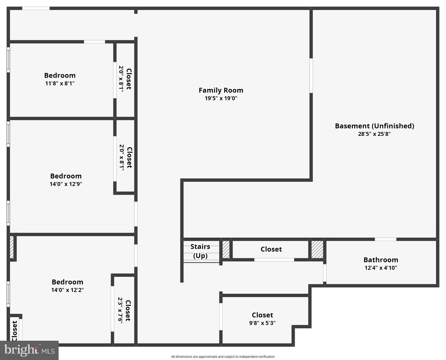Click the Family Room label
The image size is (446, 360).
(221, 90)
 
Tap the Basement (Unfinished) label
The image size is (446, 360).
(374, 126)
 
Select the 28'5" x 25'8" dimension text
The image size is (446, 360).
(374, 134)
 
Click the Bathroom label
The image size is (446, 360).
(381, 260)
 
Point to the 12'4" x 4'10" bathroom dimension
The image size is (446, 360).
(381, 268)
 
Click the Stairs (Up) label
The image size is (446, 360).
(200, 251)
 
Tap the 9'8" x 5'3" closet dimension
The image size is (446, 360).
(262, 323)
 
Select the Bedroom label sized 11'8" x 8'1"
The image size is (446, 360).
(60, 76)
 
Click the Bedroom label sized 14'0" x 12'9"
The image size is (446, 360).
(66, 176)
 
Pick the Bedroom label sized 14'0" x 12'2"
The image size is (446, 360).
(68, 282)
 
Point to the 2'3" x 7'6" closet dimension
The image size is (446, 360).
(120, 310)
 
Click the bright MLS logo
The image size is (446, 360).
(29, 350)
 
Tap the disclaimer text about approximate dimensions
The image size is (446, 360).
(223, 357)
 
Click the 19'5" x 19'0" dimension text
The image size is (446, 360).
(221, 98)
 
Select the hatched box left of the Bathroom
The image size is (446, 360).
(317, 249)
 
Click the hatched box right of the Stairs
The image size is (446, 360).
(226, 249)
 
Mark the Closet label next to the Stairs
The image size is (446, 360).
(271, 249)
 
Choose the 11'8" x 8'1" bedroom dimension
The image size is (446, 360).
(60, 84)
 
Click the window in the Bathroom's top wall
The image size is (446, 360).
(386, 239)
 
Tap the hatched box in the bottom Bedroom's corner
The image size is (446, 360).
(12, 247)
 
